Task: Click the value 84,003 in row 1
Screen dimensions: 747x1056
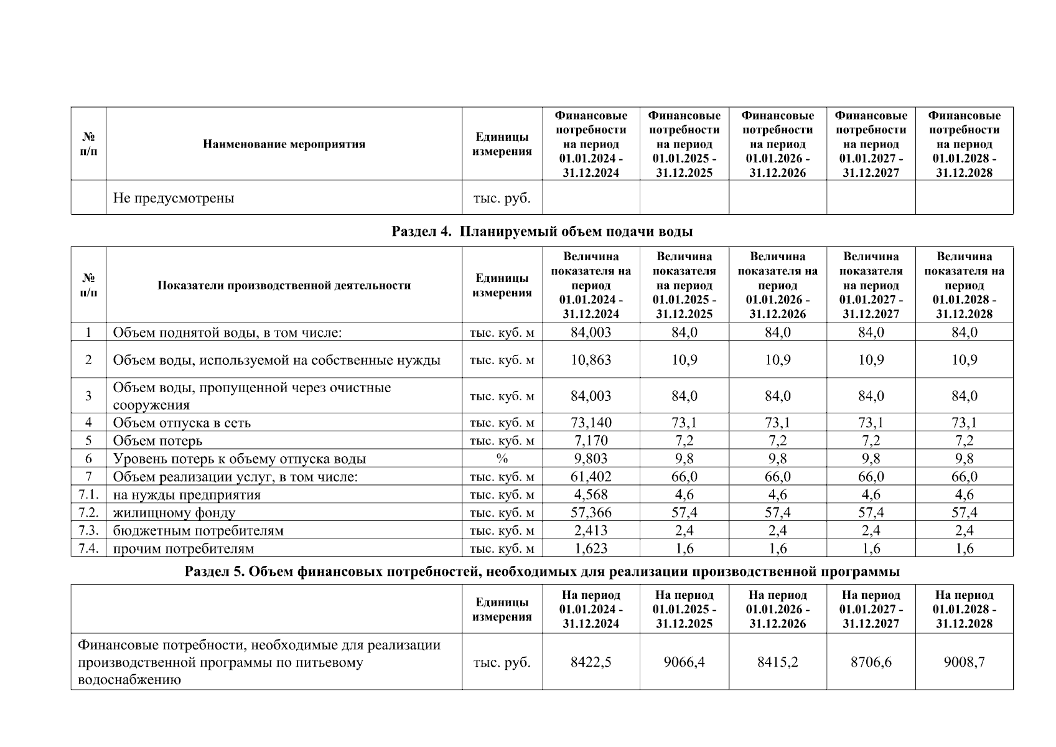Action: coord(591,332)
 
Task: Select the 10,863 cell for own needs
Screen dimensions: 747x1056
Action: coord(591,360)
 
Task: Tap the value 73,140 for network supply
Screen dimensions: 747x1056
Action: coord(591,423)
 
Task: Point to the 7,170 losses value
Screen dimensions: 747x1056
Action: coord(591,441)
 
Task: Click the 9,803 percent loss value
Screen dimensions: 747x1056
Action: coord(591,459)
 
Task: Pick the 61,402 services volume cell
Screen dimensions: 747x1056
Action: coord(591,477)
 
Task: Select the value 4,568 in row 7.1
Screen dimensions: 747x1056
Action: coord(591,495)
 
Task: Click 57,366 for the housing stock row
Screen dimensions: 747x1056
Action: coord(591,513)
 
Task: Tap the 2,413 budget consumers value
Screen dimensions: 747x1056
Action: coord(591,531)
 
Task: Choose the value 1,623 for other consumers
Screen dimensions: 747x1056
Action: coord(591,549)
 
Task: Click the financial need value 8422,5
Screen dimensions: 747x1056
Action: coord(591,662)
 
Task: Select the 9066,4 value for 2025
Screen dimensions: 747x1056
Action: coord(684,662)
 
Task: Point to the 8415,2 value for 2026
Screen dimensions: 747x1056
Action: coord(777,662)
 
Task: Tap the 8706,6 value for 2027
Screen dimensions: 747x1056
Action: coord(871,662)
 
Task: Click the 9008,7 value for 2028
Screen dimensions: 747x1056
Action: coord(964,662)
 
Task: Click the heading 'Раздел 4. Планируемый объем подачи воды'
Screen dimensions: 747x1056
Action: coord(542,232)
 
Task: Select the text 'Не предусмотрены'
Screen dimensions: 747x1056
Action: coord(174,199)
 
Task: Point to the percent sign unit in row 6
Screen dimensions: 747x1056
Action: coord(502,459)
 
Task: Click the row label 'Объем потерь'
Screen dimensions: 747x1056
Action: coord(157,441)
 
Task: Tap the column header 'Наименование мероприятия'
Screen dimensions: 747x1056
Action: coord(284,144)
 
